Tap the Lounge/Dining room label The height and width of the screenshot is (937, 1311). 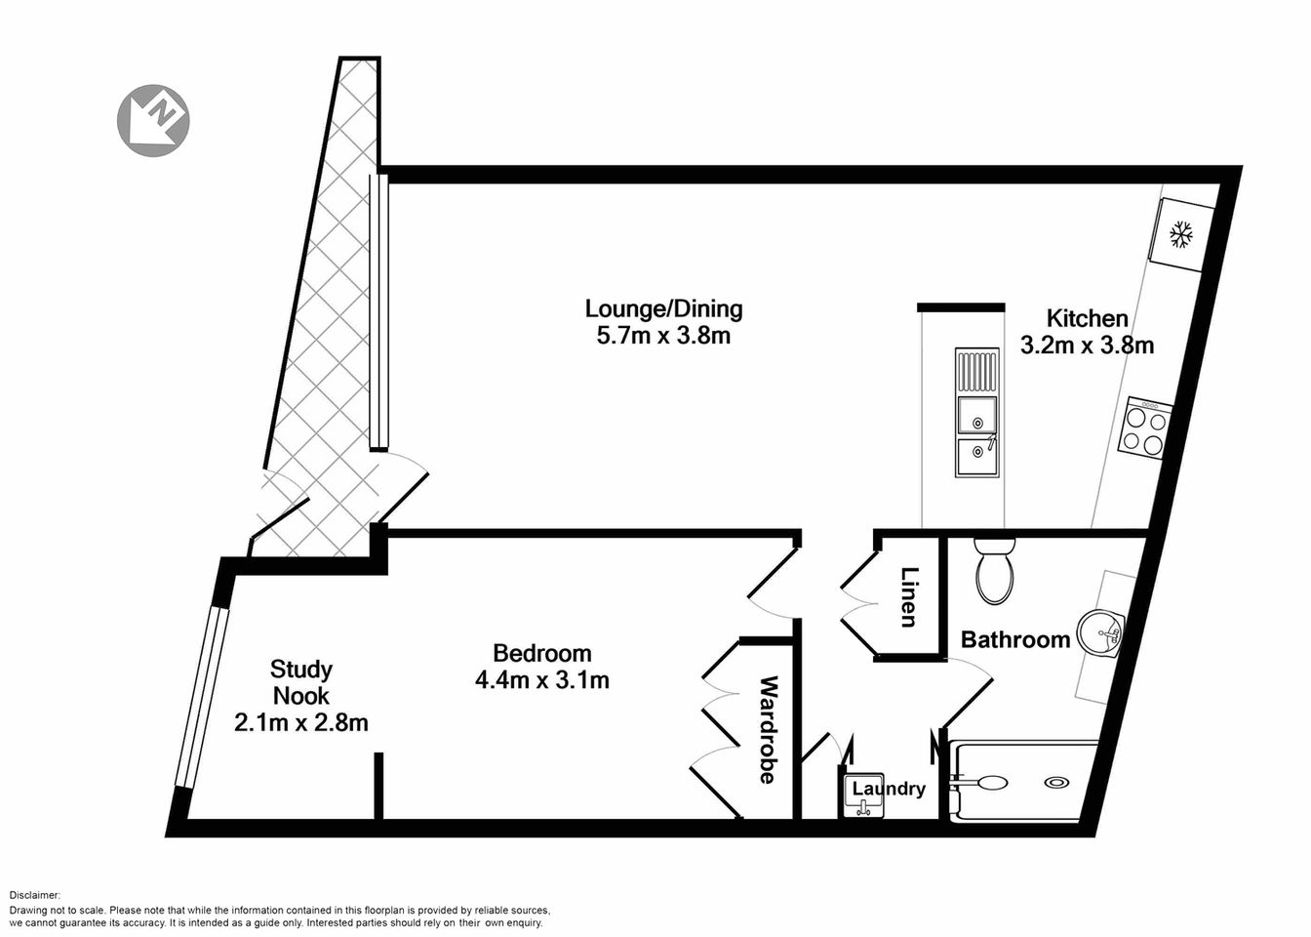click(663, 309)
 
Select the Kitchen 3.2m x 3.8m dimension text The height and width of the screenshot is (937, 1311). click(1087, 345)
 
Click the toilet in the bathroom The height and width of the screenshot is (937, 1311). click(995, 572)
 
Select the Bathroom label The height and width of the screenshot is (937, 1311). click(1015, 640)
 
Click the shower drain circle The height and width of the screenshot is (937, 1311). click(1056, 782)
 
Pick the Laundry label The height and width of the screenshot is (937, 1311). click(888, 789)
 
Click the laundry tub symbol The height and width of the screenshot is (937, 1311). click(863, 806)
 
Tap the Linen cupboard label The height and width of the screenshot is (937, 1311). click(909, 596)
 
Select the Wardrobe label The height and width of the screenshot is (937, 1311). click(768, 729)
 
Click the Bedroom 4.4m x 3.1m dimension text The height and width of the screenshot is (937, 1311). click(541, 680)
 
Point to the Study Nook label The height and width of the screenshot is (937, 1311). click(301, 682)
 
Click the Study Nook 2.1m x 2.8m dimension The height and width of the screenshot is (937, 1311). click(301, 723)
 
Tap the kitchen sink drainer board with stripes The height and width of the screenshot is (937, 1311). click(976, 371)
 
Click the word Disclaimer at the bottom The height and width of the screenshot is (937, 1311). click(35, 895)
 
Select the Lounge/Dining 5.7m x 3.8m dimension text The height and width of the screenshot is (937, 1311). click(663, 338)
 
